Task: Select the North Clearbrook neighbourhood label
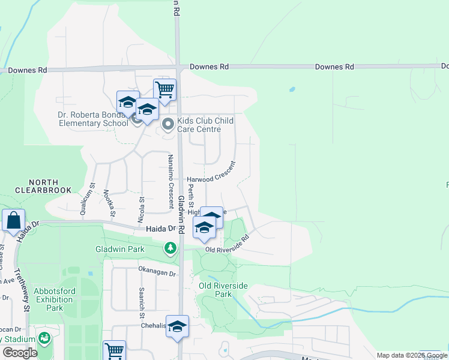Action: [x=43, y=186]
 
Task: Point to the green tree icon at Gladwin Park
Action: [x=171, y=248]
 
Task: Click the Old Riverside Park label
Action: [x=223, y=290]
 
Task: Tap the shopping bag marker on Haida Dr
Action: [x=13, y=221]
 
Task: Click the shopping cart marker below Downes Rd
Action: [x=164, y=90]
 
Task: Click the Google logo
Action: [x=20, y=353]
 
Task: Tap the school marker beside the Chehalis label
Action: [x=178, y=326]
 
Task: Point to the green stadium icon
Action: [x=44, y=338]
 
